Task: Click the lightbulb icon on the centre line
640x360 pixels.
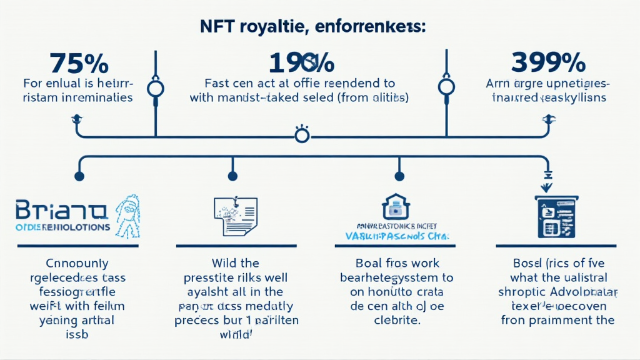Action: click(302, 134)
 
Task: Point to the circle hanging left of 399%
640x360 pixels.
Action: click(446, 86)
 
